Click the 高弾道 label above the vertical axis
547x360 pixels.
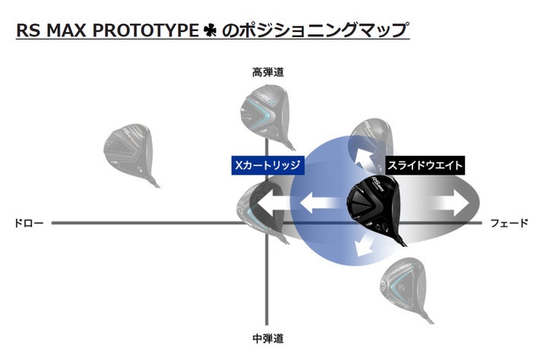tap(268, 73)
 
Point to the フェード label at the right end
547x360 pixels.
tap(510, 223)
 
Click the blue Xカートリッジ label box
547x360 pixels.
tap(267, 164)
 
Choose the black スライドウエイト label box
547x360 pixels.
tap(424, 164)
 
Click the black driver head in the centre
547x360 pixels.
tap(375, 202)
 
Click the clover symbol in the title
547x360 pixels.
tap(210, 31)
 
